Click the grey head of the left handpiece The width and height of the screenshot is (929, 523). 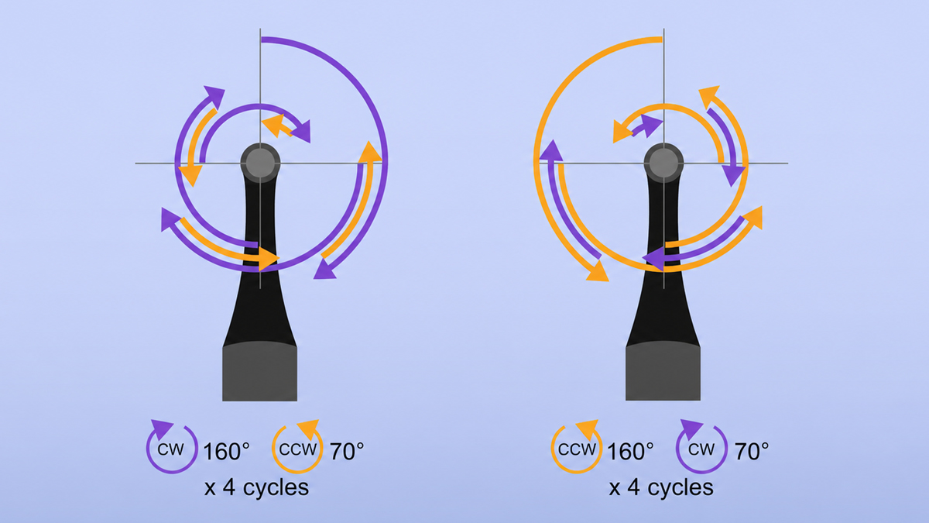click(x=260, y=163)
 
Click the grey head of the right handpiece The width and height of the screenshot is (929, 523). click(x=663, y=163)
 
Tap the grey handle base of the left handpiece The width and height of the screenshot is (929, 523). click(x=260, y=371)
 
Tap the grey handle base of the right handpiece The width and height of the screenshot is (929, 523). click(x=663, y=371)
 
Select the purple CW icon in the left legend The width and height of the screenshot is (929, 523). click(x=171, y=447)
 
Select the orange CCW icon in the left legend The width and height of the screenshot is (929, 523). click(x=297, y=447)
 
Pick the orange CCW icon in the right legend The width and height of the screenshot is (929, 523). click(x=577, y=447)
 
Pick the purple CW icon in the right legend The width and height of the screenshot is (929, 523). click(x=701, y=447)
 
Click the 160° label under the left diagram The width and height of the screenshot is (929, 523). click(x=226, y=451)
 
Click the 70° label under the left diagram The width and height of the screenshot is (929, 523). click(x=347, y=451)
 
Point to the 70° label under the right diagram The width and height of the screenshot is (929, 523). click(x=752, y=451)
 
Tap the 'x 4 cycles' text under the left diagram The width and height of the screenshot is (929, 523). click(x=257, y=487)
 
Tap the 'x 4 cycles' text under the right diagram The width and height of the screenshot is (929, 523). click(x=661, y=487)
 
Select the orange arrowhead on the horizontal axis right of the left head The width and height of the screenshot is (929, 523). click(x=369, y=152)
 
